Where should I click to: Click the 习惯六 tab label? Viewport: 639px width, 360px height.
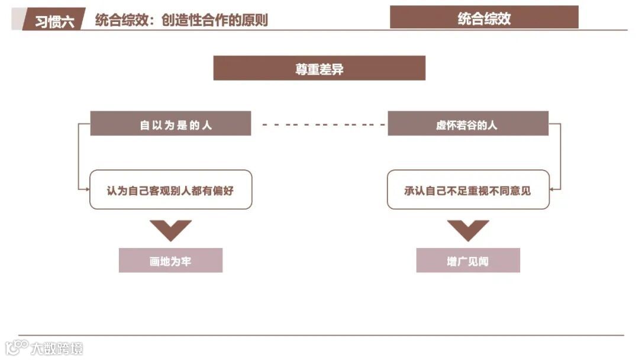(x=54, y=21)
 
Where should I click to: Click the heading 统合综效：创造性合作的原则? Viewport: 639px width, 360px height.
(x=181, y=20)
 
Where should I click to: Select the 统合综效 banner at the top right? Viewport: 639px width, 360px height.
(x=484, y=18)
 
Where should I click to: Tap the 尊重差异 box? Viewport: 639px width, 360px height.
(x=319, y=68)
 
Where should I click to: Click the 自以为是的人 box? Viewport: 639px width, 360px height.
(x=170, y=124)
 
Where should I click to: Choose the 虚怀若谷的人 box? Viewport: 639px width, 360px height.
(x=467, y=124)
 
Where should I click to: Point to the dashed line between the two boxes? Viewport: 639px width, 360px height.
(x=319, y=125)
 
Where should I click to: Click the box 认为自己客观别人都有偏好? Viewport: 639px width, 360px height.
(x=170, y=189)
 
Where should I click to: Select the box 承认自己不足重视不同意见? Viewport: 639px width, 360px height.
(x=468, y=189)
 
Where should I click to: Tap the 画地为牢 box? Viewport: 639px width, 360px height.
(x=170, y=261)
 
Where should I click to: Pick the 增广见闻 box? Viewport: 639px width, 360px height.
(x=468, y=261)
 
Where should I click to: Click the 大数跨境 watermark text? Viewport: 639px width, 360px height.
(x=57, y=348)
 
